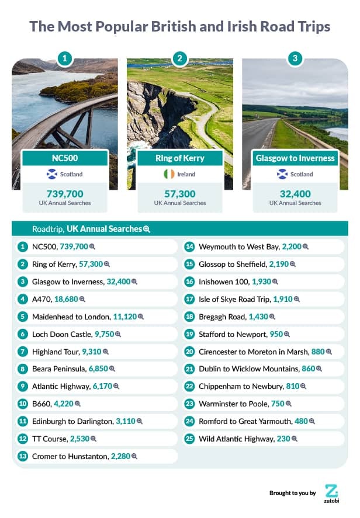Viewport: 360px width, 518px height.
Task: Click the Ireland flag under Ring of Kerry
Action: click(x=168, y=174)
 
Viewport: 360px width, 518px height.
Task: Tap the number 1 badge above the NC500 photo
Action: click(x=65, y=58)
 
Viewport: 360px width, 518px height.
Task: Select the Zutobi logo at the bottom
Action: click(x=331, y=492)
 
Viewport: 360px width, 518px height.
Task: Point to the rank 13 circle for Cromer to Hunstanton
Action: click(x=23, y=456)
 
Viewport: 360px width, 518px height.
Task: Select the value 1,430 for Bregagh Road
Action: click(x=258, y=317)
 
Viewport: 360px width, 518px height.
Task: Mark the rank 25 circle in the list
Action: click(x=189, y=439)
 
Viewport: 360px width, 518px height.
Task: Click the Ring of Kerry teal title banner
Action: click(x=180, y=158)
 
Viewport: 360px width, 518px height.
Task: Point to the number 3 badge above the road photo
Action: click(x=295, y=58)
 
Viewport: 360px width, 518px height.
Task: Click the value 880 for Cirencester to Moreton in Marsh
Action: click(x=318, y=352)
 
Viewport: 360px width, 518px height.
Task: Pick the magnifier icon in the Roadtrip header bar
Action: click(x=147, y=229)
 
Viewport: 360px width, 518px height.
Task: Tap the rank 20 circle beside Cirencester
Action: click(x=189, y=352)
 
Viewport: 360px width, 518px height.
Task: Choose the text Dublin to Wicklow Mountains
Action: click(x=249, y=369)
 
